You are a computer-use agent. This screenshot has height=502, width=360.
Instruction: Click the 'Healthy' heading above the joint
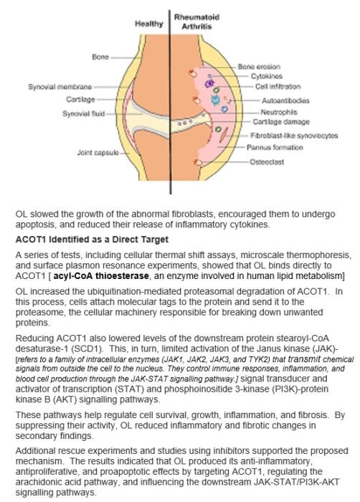coord(149,24)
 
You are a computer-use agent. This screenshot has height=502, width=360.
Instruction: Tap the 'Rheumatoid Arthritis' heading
coord(196,22)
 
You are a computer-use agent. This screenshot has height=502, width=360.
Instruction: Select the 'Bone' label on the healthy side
coord(100,57)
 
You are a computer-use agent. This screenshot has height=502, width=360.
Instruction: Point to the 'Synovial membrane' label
coord(60,87)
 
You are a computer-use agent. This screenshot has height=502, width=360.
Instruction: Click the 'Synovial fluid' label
coord(84,113)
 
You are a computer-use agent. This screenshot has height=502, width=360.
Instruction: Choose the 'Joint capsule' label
coord(98,152)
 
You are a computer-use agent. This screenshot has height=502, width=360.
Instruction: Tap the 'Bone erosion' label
coord(259,67)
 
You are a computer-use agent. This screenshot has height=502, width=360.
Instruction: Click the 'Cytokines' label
coord(267,76)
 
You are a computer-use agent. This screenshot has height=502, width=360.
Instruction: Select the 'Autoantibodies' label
coord(285,100)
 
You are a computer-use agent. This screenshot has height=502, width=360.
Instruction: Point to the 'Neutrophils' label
coord(279,112)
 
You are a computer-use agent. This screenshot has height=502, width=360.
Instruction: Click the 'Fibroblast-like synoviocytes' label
coord(294,136)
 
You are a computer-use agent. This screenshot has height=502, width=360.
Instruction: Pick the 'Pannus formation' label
coord(275,147)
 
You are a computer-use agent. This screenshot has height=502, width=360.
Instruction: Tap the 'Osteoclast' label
coord(267,161)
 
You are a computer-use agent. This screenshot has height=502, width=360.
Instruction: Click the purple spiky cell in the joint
coord(209,84)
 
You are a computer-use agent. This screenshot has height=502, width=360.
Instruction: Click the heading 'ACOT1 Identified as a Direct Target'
coord(92,240)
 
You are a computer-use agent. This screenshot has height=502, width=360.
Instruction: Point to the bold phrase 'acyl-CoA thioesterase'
coord(101,276)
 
